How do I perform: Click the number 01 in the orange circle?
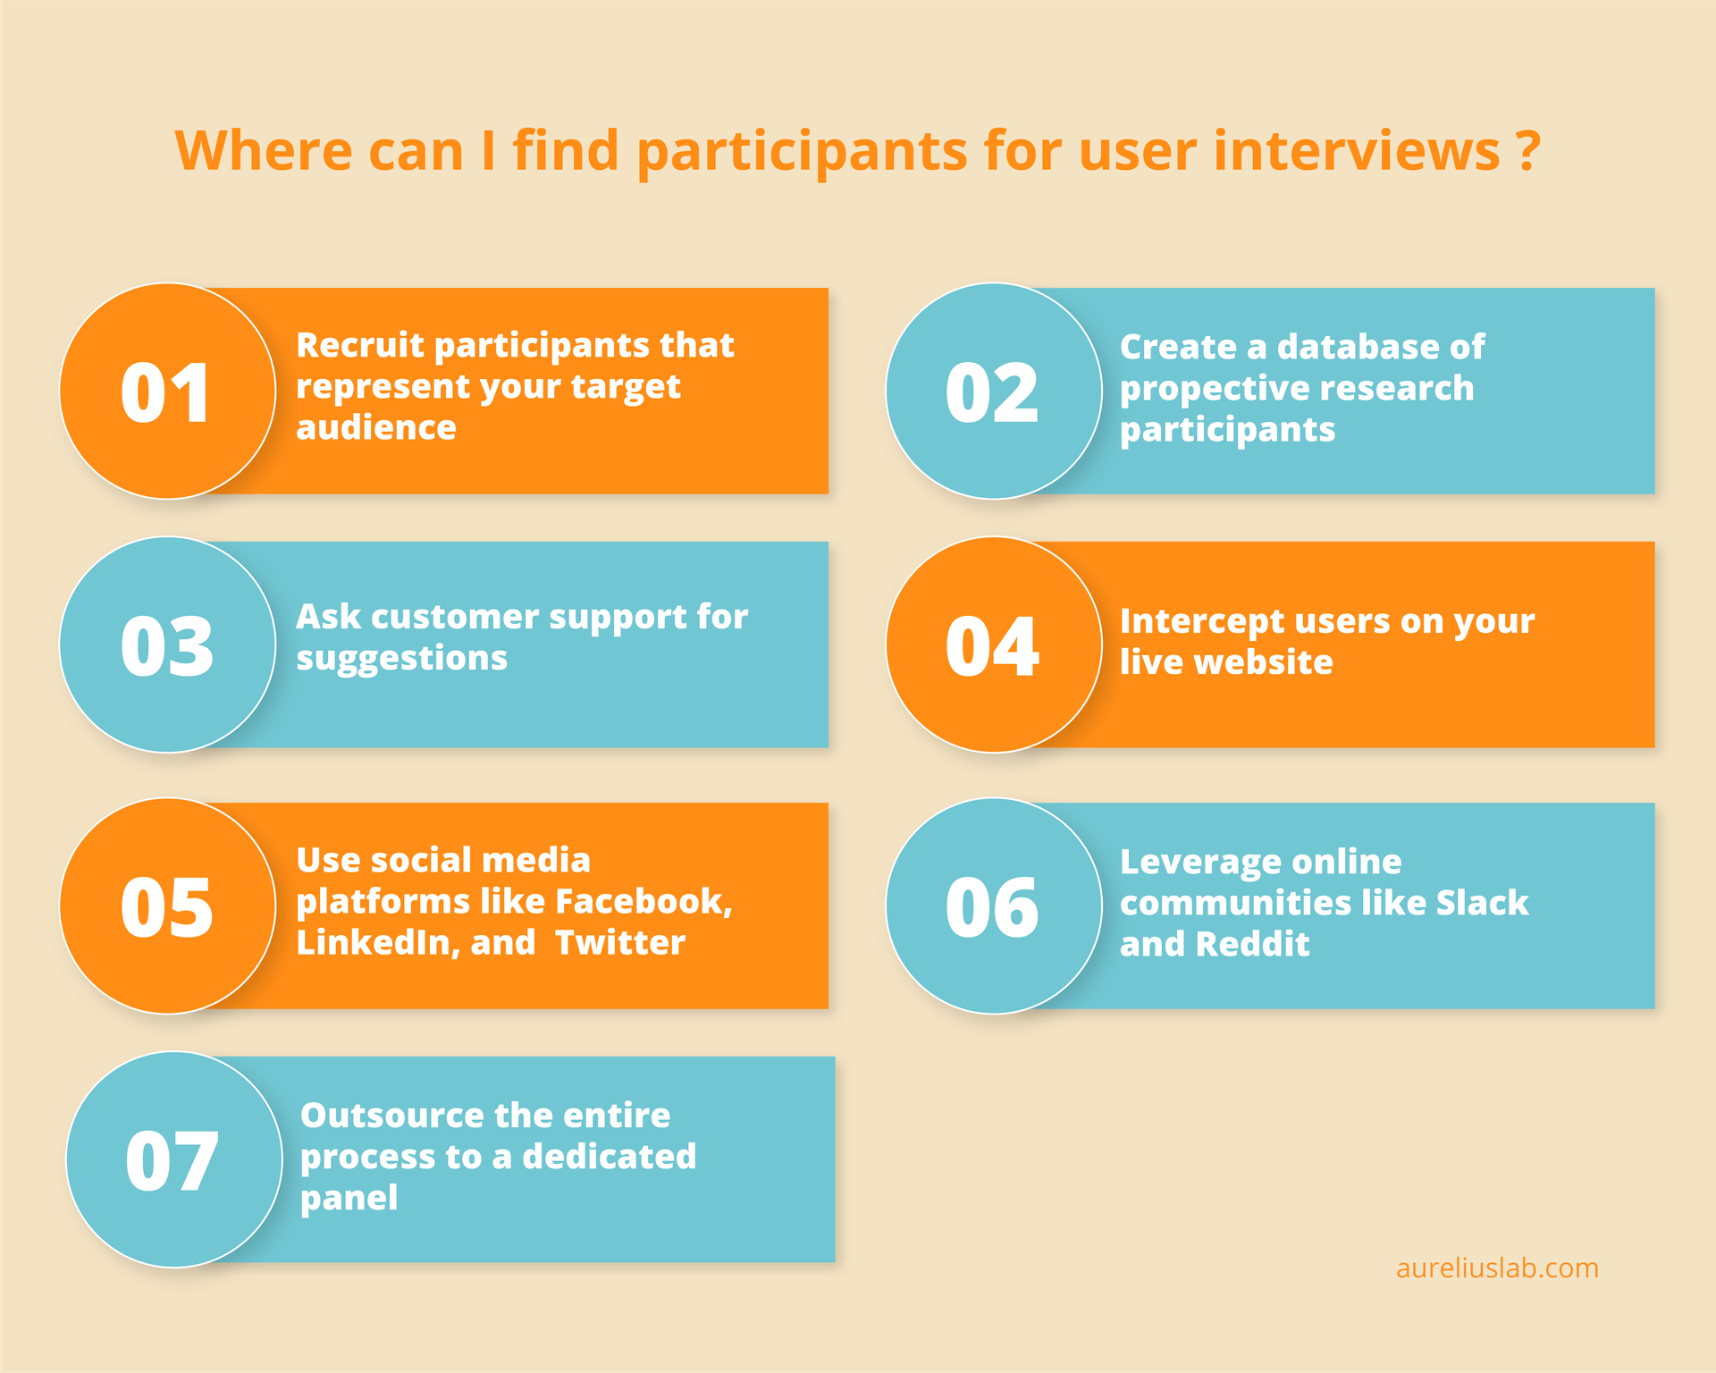tap(166, 393)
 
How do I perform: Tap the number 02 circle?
tap(992, 393)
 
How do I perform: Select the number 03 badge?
tap(167, 646)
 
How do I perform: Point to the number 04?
tap(992, 646)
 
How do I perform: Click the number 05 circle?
tap(167, 907)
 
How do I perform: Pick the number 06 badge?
tap(992, 907)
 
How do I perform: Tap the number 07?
tap(172, 1161)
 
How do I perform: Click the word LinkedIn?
tap(377, 942)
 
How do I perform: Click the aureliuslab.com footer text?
tap(1497, 1268)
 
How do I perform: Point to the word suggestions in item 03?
tap(401, 659)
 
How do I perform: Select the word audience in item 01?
tap(376, 428)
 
